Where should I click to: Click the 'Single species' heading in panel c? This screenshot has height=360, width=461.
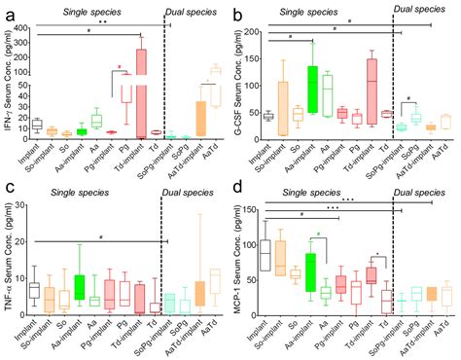point(92,190)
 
